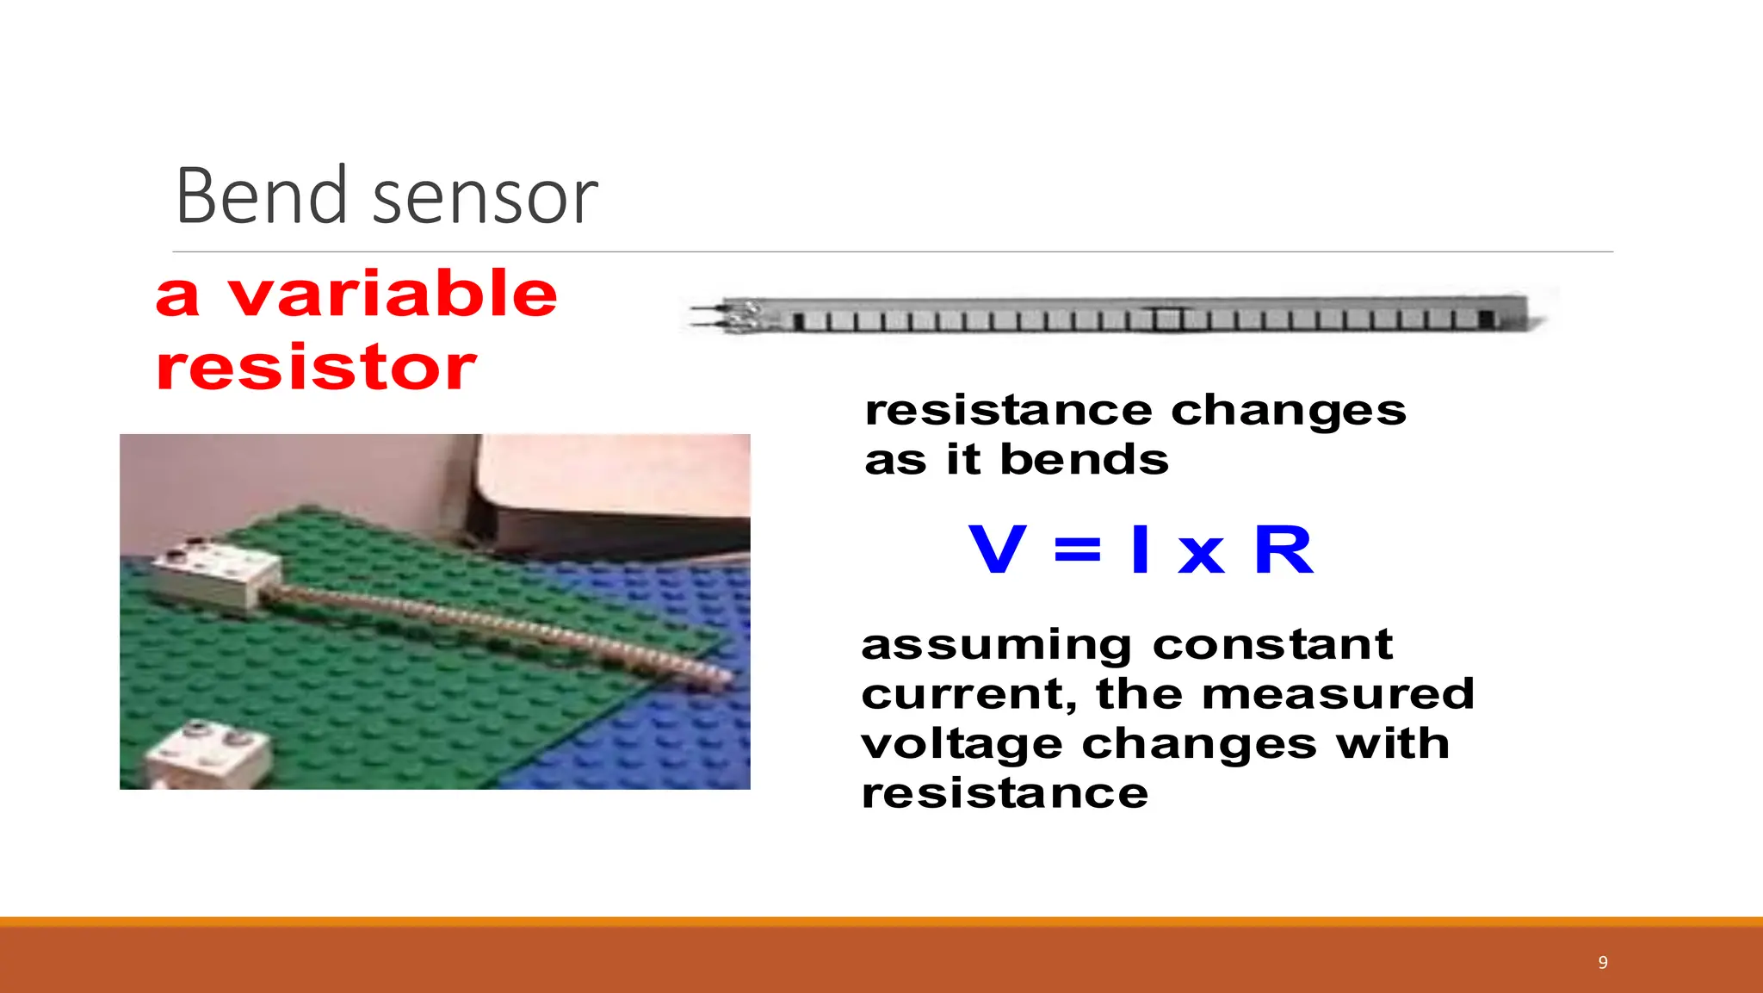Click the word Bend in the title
click(260, 196)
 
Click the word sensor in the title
click(485, 200)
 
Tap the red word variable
click(392, 294)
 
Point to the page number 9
click(1602, 963)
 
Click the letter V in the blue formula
click(998, 549)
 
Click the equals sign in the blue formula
click(1077, 549)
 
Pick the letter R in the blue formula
click(1283, 549)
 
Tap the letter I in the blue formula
click(1141, 549)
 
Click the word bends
click(1084, 460)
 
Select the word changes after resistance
click(1288, 411)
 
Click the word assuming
click(996, 646)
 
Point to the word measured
click(1337, 694)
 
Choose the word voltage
click(962, 744)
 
